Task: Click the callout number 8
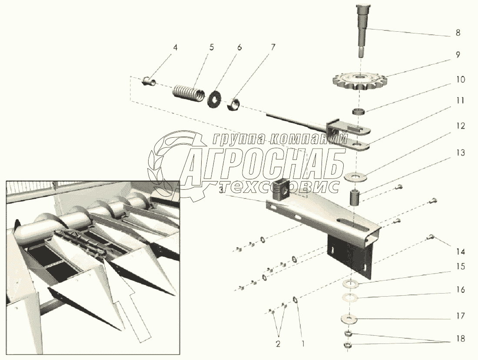pyautogui.click(x=458, y=33)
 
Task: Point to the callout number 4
pyautogui.click(x=175, y=48)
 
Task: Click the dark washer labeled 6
pyautogui.click(x=214, y=98)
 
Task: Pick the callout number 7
pyautogui.click(x=273, y=48)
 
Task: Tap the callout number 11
pyautogui.click(x=460, y=101)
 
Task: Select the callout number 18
pyautogui.click(x=460, y=338)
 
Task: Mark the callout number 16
pyautogui.click(x=460, y=289)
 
